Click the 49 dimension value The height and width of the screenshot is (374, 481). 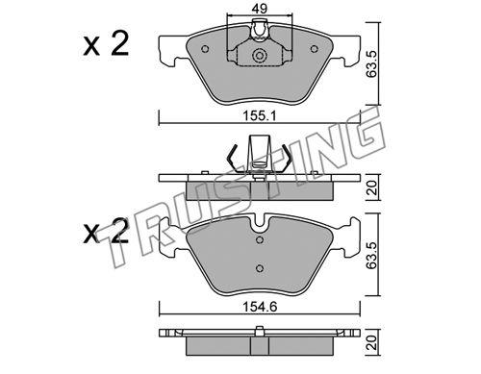tap(260, 9)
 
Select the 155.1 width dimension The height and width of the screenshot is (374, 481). tap(260, 115)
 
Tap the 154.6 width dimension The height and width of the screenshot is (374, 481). tap(260, 307)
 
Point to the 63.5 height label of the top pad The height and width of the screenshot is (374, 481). tap(371, 63)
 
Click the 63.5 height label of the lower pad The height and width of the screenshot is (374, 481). tap(371, 255)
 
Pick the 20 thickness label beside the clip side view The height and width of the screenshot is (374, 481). tap(371, 187)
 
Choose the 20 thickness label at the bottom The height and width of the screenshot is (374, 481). tap(371, 342)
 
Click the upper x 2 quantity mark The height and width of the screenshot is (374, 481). tap(106, 44)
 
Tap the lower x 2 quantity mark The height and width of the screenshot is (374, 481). tap(106, 232)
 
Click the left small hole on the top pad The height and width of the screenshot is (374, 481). tap(205, 49)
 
